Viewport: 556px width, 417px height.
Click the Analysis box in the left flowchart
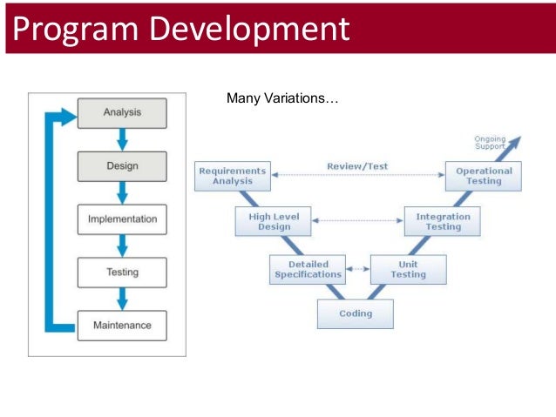point(122,112)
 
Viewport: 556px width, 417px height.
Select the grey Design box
point(122,165)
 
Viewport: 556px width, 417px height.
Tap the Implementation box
point(122,219)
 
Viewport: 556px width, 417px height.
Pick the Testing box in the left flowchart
point(122,272)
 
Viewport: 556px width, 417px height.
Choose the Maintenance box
point(122,325)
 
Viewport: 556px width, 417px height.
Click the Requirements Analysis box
point(232,176)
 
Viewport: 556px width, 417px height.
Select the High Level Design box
point(274,221)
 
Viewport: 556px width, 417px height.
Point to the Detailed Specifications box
point(308,269)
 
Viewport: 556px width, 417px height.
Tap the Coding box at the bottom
point(355,313)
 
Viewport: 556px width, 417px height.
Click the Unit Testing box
point(408,269)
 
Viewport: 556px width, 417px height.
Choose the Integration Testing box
point(443,221)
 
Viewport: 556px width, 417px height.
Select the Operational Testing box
point(484,176)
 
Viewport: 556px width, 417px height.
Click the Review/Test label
point(357,165)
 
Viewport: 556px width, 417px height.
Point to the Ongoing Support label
point(490,143)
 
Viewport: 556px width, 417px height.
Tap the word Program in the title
point(71,29)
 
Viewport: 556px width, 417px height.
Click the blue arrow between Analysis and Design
point(122,138)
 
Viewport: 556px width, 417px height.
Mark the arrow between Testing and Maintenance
point(122,298)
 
